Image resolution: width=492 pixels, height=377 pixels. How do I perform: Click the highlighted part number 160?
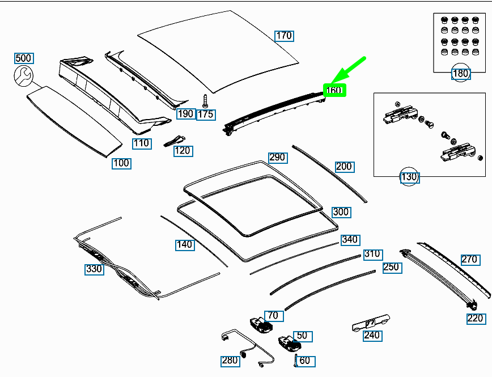[x=334, y=90]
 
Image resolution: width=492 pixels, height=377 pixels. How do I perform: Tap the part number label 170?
[x=284, y=36]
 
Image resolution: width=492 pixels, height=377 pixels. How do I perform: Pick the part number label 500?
[x=23, y=58]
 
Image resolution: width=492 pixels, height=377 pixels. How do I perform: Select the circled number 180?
[x=460, y=73]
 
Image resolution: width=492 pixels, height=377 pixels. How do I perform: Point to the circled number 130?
[x=409, y=177]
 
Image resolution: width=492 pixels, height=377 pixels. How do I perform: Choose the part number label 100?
[x=121, y=163]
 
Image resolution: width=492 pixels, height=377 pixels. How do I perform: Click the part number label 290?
[x=277, y=157]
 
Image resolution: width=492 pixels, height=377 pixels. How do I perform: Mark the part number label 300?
[x=341, y=212]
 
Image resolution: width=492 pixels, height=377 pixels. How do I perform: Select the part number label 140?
[x=184, y=245]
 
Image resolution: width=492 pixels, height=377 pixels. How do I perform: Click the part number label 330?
[x=94, y=269]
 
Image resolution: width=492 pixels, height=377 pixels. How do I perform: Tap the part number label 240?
[x=372, y=335]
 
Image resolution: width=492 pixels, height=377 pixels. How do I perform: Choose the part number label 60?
[x=304, y=361]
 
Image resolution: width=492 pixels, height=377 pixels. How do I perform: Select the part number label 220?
[x=476, y=319]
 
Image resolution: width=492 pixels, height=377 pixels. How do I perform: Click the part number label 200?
[x=344, y=167]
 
